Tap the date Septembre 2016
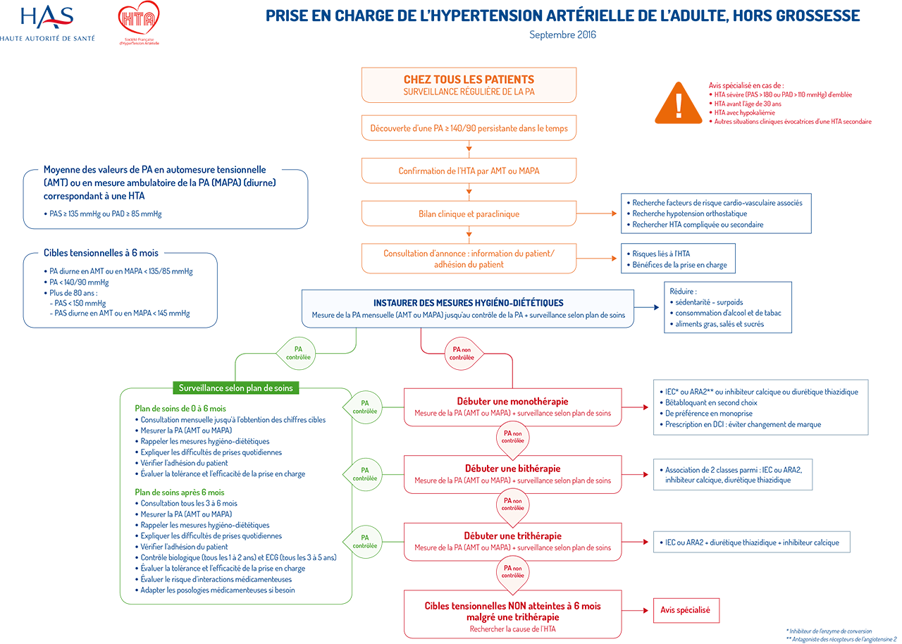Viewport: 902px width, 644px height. point(562,35)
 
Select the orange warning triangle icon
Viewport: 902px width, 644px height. point(678,103)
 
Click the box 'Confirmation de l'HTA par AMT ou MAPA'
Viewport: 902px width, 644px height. point(469,171)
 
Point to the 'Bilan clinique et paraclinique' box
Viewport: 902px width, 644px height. point(469,213)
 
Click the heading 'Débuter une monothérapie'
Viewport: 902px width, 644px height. point(512,402)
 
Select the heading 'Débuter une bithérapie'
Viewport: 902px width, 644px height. point(512,469)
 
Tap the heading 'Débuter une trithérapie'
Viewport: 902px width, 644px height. point(512,536)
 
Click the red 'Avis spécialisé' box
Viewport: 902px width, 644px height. point(685,610)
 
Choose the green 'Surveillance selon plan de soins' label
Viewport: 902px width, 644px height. point(235,388)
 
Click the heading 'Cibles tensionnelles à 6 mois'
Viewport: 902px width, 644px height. point(101,253)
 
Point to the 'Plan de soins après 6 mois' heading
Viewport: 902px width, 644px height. point(179,492)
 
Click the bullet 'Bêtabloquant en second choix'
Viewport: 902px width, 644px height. point(711,402)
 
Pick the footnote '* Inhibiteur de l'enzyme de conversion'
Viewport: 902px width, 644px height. point(828,631)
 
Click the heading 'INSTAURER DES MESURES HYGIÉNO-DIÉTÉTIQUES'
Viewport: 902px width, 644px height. point(468,303)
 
